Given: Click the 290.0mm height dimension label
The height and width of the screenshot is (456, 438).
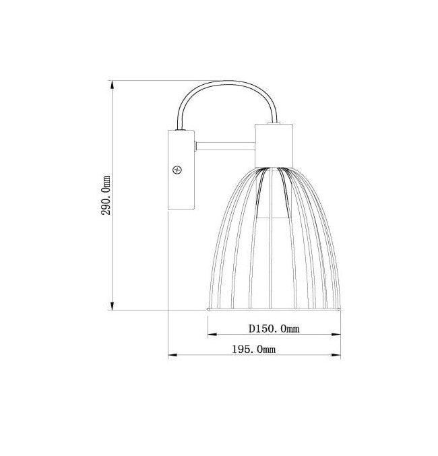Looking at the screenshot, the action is coord(106,195).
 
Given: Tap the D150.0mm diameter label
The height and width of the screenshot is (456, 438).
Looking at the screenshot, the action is coord(274,329).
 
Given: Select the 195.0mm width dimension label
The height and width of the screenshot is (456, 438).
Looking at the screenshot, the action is coord(254,349).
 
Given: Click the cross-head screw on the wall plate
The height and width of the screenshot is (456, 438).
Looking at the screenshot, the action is coord(177,170).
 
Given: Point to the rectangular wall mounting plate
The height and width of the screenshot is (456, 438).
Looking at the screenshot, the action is coord(181,170).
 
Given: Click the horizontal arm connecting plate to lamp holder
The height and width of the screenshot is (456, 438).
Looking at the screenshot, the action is coord(226,146).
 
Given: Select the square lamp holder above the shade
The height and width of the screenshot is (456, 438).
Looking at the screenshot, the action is coord(274,145).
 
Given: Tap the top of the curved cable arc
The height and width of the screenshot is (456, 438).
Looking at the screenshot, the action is coord(230,82).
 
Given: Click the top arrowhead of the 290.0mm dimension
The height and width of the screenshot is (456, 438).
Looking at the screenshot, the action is coord(113,86).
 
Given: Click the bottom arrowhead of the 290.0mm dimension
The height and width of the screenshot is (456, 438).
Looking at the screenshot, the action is coord(113,305).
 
